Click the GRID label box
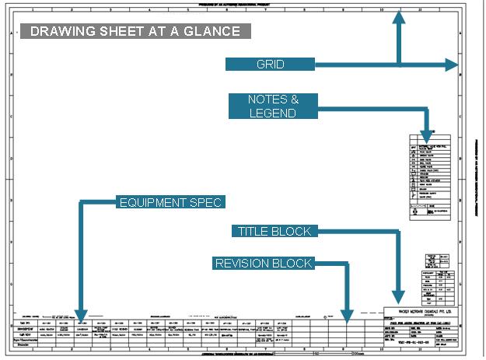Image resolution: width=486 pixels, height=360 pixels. click(270, 65)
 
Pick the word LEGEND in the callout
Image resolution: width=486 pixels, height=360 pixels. click(272, 114)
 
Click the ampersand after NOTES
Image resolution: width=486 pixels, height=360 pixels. click(293, 100)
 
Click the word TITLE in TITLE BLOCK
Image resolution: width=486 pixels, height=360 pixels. click(253, 231)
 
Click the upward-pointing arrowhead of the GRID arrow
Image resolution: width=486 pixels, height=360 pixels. click(397, 18)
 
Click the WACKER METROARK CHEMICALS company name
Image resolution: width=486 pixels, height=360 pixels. click(421, 313)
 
